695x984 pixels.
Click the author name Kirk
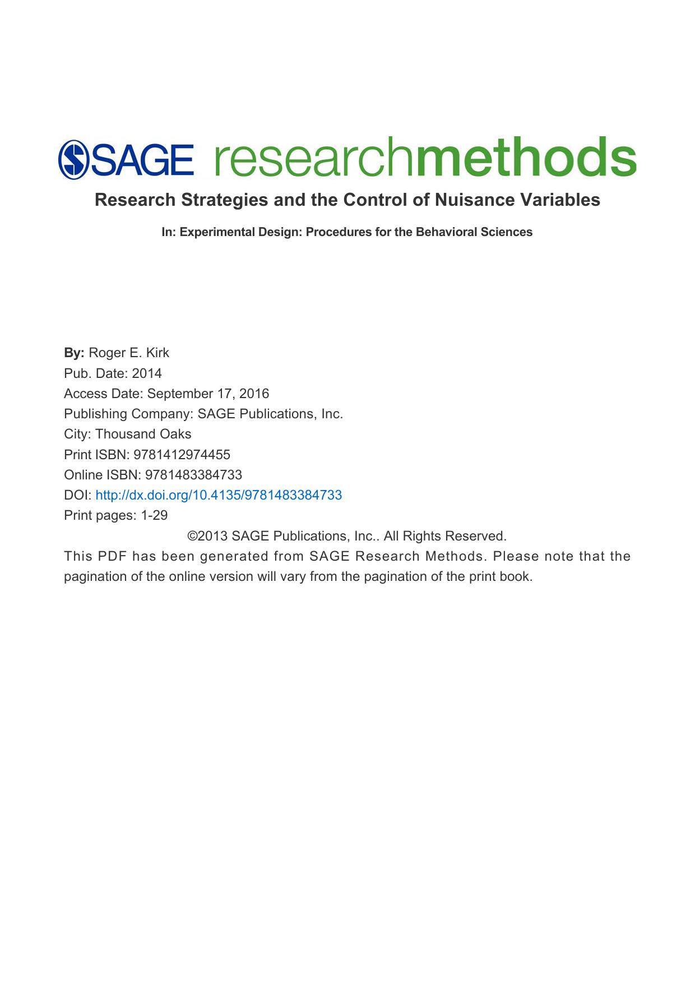(x=157, y=353)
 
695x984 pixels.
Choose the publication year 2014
(x=147, y=373)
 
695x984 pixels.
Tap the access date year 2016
(x=254, y=394)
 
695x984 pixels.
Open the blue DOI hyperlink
(x=219, y=495)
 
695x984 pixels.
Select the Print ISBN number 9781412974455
(x=182, y=455)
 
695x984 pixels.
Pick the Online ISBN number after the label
(x=193, y=475)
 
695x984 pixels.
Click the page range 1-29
(x=154, y=515)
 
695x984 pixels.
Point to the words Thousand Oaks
(x=143, y=434)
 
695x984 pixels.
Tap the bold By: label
(x=74, y=353)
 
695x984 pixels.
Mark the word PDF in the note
(x=112, y=556)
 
